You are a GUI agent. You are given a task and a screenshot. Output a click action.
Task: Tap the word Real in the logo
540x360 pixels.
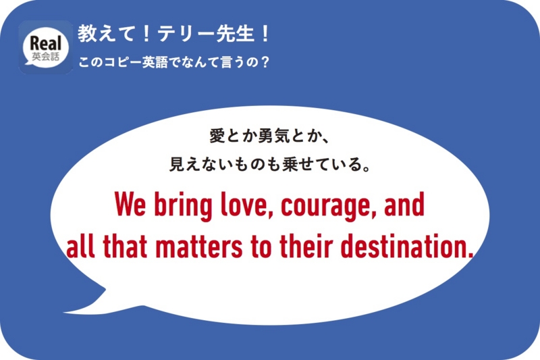pos(46,42)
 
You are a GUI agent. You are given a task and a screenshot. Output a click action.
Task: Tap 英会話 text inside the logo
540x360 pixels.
pos(46,57)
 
